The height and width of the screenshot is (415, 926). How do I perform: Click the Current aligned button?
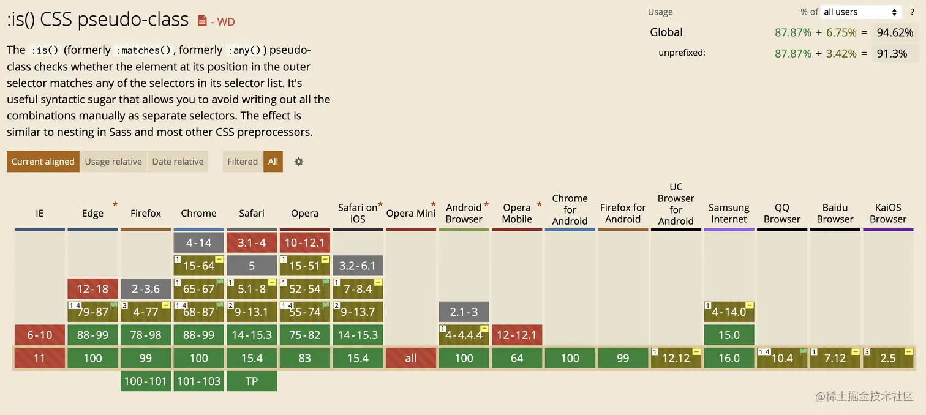pos(43,162)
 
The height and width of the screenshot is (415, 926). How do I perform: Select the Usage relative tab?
pos(113,162)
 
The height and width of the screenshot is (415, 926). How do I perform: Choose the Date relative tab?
pos(178,162)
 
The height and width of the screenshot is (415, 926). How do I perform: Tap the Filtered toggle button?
pos(243,162)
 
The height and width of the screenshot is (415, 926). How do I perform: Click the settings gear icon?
pos(299,162)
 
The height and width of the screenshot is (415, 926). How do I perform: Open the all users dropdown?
pos(860,12)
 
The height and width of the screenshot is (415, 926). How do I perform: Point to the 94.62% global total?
pos(895,32)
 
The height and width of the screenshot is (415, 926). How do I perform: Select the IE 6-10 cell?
pos(40,335)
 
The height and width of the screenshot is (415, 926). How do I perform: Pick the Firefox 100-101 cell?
pos(146,381)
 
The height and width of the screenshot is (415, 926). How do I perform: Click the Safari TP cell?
pos(252,381)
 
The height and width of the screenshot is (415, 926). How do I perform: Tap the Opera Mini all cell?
pos(411,358)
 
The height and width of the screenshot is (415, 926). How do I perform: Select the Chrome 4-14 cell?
pos(199,242)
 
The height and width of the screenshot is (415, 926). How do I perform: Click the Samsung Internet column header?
pos(729,213)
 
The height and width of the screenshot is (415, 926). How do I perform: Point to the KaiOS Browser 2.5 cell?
pos(888,358)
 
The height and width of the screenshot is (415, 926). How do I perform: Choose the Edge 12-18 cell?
pos(92,289)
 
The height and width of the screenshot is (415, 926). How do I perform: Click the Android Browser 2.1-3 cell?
pos(464,312)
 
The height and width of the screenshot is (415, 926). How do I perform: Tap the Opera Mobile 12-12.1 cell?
pos(517,335)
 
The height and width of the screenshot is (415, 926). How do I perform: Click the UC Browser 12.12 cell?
pos(676,358)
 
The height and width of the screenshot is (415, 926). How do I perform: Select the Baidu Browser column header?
pos(835,213)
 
